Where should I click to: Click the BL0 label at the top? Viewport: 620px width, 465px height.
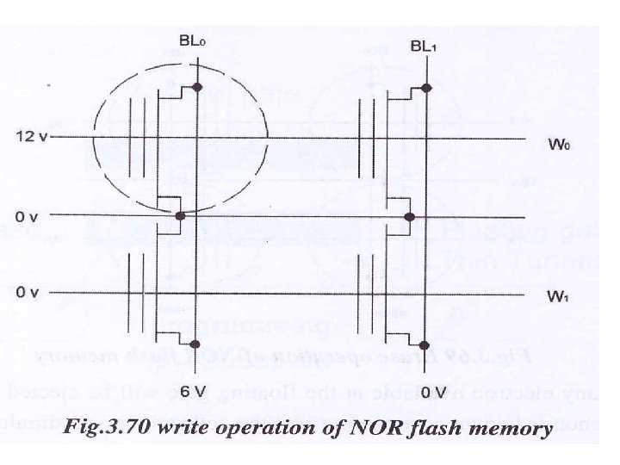192,40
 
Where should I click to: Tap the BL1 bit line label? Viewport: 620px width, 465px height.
425,45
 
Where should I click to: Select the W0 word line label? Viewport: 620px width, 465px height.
560,144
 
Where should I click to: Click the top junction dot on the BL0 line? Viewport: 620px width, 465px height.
198,87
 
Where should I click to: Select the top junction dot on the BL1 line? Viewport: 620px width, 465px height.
426,87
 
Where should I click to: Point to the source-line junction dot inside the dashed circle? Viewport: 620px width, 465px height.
179,216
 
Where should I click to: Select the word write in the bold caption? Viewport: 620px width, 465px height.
201,427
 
